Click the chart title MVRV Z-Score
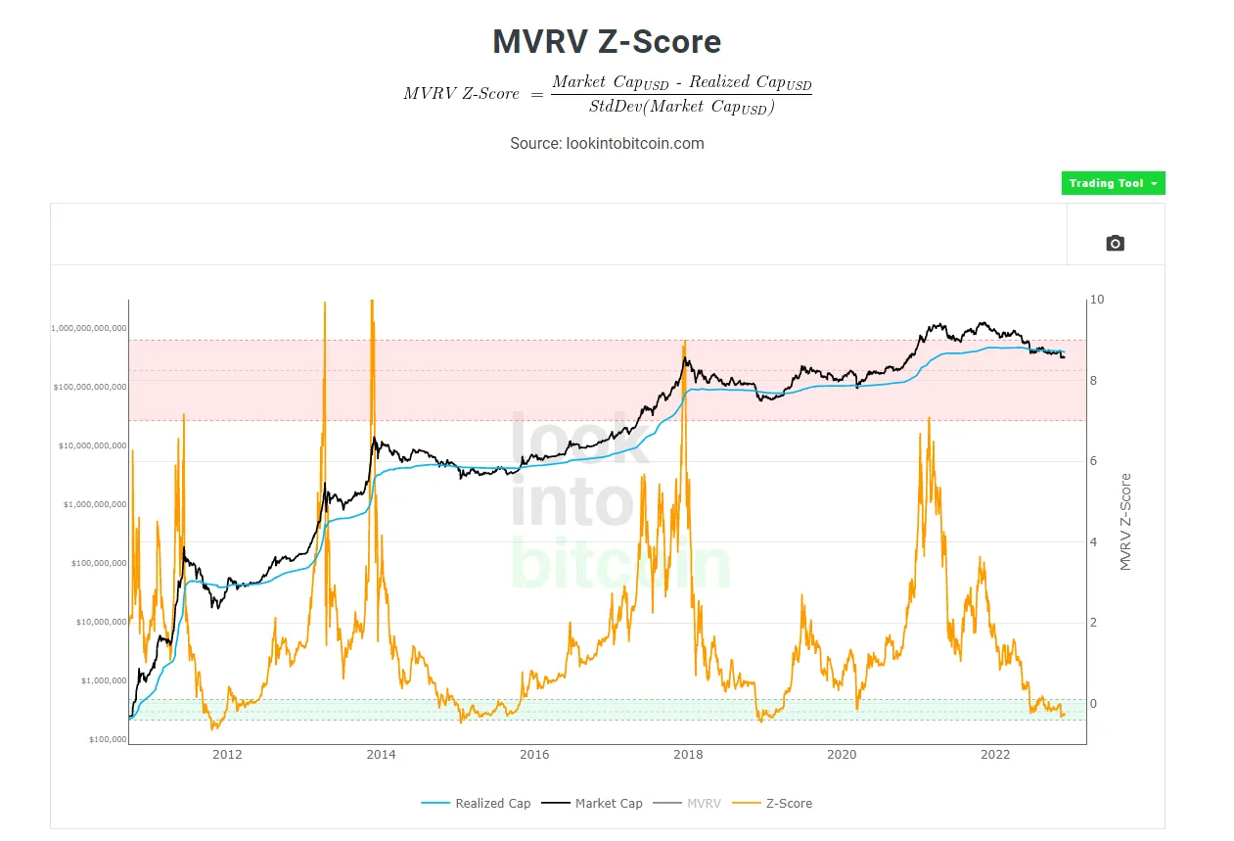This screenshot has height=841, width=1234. coord(607,41)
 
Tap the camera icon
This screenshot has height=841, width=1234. coord(1115,243)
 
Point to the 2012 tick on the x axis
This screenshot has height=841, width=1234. coord(227,754)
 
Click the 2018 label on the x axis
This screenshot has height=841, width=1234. coord(688,754)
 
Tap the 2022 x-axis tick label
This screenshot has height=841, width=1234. coord(995,754)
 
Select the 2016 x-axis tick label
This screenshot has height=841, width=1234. coord(534,754)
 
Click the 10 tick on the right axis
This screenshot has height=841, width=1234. coord(1097,300)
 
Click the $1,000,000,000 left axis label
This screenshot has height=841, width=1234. coord(89,504)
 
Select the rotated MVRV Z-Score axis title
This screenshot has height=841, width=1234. coord(1125,522)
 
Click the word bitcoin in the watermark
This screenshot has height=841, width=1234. coord(620,564)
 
